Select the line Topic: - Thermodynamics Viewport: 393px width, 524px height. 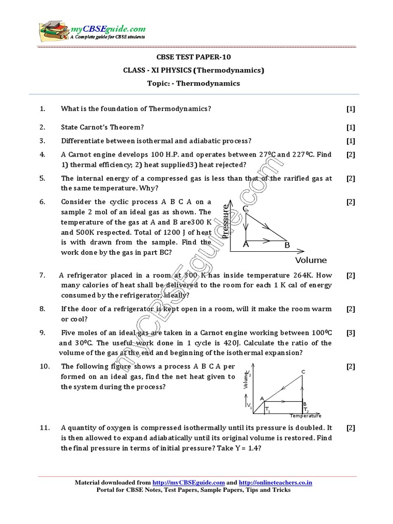[x=196, y=83]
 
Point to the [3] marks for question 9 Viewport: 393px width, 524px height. [x=351, y=333]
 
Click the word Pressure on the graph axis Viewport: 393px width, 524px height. [x=226, y=222]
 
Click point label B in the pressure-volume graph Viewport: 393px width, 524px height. [x=287, y=245]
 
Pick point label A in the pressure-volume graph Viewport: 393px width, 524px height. [x=246, y=245]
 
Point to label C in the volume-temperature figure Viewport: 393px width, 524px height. [x=303, y=371]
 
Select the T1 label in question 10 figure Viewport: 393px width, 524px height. [x=268, y=410]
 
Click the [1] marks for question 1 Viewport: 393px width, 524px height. [x=351, y=108]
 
